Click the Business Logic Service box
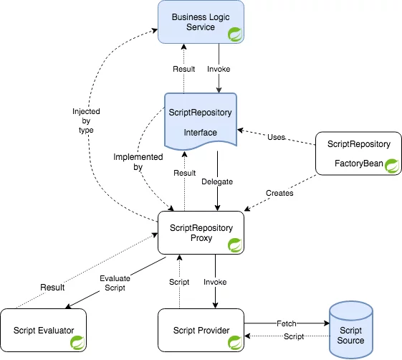point(201,22)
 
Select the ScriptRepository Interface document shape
point(201,121)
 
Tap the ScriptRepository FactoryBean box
point(358,153)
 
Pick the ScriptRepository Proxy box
point(201,233)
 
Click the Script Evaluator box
point(43,330)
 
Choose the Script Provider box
point(201,330)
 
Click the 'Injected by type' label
point(86,120)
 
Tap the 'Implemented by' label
point(138,161)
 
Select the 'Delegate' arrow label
point(217,181)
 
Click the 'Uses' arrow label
point(276,137)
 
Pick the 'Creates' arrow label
point(279,193)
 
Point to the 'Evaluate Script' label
point(115,283)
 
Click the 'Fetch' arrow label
point(287,323)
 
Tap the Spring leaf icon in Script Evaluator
point(77,343)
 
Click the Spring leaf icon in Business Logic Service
point(235,34)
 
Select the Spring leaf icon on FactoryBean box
point(392,166)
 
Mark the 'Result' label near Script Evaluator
point(52,288)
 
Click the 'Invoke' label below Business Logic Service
point(219,69)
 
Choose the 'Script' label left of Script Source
point(294,336)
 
